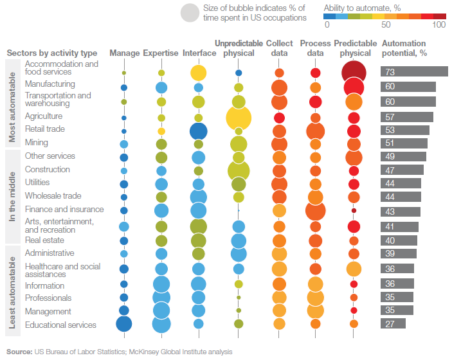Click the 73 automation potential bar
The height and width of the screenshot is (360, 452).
(413, 72)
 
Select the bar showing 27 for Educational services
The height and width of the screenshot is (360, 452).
(393, 324)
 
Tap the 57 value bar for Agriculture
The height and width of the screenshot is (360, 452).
(406, 117)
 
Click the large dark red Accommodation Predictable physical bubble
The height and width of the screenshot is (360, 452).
(354, 72)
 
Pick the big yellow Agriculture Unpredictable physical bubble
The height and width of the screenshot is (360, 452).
(239, 118)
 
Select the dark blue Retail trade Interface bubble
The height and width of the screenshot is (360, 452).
(199, 130)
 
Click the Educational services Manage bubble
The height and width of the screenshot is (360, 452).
(124, 325)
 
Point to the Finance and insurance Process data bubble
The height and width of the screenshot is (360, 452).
(315, 210)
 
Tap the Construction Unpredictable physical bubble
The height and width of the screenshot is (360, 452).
(239, 170)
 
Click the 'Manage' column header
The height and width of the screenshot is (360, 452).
(124, 53)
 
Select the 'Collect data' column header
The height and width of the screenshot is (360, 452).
(279, 48)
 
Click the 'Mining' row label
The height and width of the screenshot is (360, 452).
(36, 142)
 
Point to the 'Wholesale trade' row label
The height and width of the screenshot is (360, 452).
(53, 195)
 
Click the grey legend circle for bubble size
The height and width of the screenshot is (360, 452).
(190, 12)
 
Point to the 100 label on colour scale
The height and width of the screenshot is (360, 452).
(439, 24)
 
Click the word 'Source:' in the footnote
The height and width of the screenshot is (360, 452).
(20, 352)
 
